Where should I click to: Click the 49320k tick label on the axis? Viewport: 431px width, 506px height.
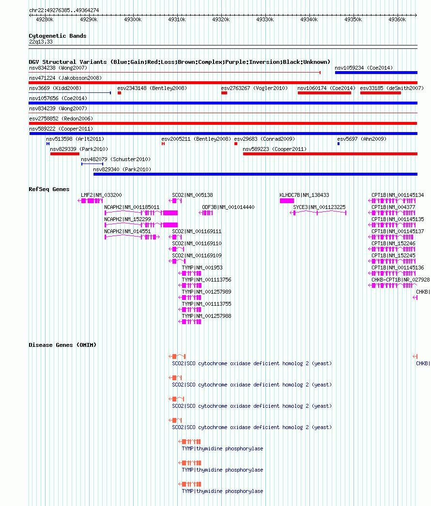point(221,20)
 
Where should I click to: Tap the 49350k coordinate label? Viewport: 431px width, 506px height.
point(353,20)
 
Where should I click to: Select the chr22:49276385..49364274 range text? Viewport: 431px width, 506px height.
point(64,10)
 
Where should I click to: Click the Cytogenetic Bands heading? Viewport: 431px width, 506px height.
point(58,36)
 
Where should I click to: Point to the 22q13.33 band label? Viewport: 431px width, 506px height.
point(41,42)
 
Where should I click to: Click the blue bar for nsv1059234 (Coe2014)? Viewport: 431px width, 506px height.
point(376,73)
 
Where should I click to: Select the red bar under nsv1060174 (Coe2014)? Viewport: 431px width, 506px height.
point(324,93)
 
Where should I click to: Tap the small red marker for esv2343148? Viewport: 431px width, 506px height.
point(119,93)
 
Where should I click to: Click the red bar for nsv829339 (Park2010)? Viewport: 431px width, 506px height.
point(64,154)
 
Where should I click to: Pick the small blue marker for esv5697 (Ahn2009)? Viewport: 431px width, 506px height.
point(339,144)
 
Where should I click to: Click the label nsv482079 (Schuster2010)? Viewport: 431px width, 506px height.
point(116,160)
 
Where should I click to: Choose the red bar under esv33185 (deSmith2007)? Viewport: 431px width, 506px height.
point(381,93)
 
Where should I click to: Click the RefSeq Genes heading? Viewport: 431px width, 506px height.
point(49,189)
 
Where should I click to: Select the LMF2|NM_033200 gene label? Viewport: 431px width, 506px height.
point(101,195)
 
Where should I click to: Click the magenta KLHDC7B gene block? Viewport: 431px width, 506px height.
point(287,201)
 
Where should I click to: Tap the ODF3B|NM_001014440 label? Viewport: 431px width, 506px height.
point(228,207)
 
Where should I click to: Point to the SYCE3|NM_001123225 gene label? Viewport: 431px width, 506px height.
point(319,207)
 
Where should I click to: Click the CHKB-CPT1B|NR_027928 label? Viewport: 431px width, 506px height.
point(400,280)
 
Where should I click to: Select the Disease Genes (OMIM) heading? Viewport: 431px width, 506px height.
point(62,345)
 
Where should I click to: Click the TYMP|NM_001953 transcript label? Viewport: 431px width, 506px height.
point(202,268)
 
